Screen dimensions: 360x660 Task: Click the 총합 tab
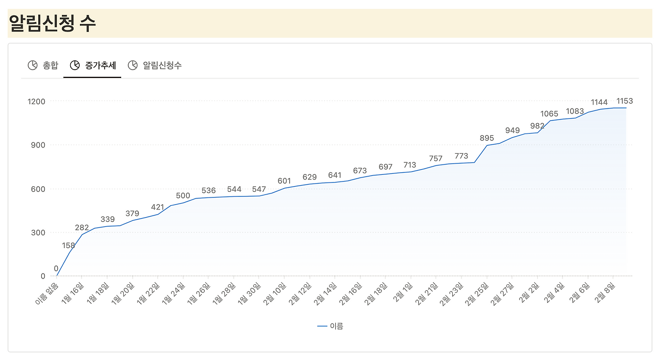click(x=50, y=66)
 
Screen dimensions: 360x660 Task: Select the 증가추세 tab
click(x=100, y=66)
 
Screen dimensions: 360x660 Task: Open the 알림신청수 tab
click(x=162, y=66)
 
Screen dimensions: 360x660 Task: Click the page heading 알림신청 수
click(x=53, y=24)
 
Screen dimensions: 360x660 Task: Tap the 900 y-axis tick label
click(x=38, y=145)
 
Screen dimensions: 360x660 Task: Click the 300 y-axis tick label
click(x=38, y=233)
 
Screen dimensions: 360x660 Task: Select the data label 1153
click(x=624, y=101)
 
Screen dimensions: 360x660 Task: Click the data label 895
click(x=487, y=138)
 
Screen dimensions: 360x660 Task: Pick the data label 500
click(x=183, y=195)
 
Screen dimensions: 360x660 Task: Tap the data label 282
click(x=82, y=227)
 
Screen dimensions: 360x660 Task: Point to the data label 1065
click(x=549, y=114)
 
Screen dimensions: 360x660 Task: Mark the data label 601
click(x=284, y=181)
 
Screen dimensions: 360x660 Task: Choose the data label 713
click(x=409, y=165)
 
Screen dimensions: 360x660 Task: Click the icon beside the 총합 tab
click(x=32, y=65)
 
